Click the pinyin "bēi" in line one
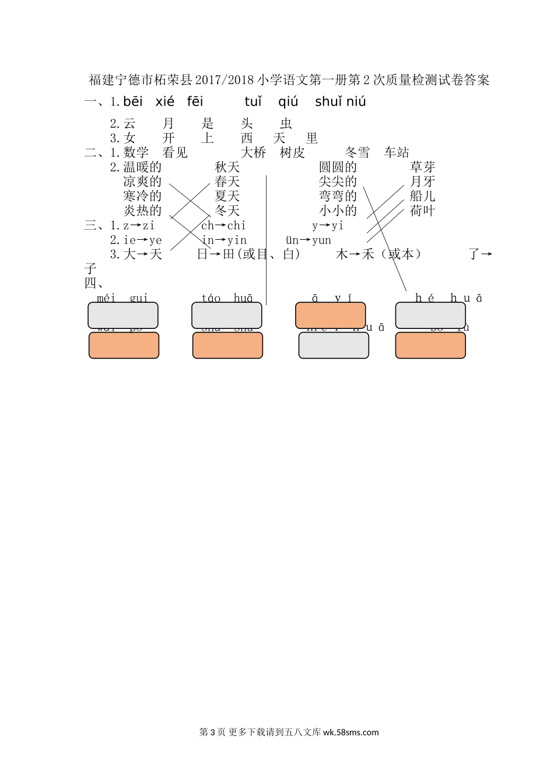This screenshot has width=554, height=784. [133, 102]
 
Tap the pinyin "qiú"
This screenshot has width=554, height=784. [288, 102]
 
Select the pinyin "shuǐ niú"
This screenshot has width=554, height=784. [341, 102]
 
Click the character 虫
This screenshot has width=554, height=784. [286, 124]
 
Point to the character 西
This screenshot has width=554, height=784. [247, 138]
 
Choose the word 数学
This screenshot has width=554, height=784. [136, 153]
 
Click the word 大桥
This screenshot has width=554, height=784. [253, 153]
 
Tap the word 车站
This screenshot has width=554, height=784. [397, 153]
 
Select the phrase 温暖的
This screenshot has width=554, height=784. [142, 167]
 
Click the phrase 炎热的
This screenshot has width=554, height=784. [142, 211]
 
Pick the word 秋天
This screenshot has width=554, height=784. [227, 167]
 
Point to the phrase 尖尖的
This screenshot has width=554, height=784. [338, 182]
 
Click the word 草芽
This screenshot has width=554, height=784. [423, 167]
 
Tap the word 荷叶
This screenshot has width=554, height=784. [423, 211]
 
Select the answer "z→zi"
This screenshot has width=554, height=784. [139, 226]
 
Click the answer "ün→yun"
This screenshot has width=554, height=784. [308, 240]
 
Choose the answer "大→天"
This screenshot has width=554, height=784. [142, 254]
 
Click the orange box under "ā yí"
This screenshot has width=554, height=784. [331, 316]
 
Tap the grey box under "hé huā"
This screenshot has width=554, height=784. [430, 316]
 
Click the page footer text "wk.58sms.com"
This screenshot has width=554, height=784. [350, 733]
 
